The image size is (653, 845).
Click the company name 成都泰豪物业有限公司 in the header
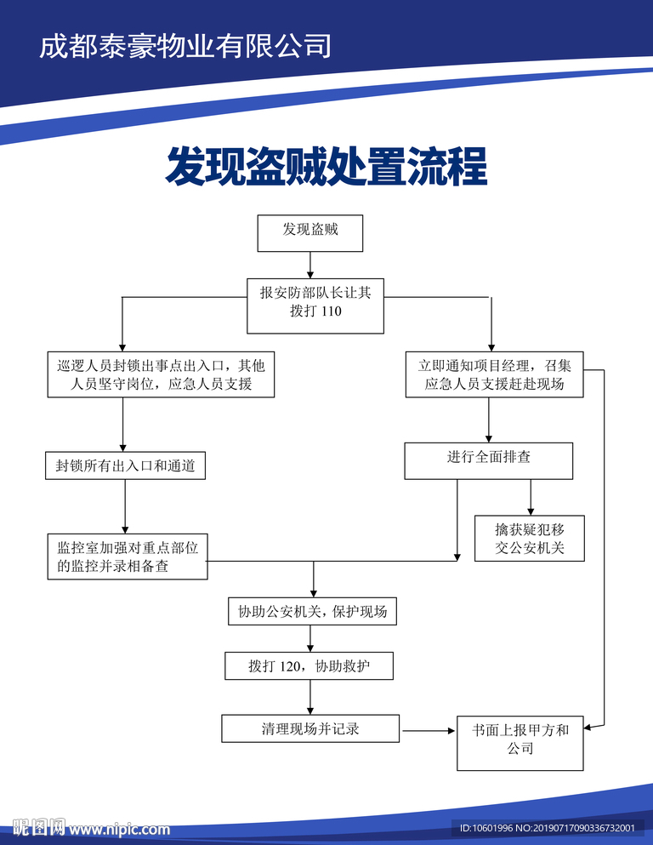pyautogui.click(x=185, y=45)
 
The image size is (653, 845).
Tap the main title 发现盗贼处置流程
pyautogui.click(x=326, y=166)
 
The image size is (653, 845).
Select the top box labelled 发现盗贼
pyautogui.click(x=309, y=232)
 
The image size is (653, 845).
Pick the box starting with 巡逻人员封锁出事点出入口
pyautogui.click(x=162, y=375)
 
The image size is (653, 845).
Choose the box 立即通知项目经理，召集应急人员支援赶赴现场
pyautogui.click(x=494, y=375)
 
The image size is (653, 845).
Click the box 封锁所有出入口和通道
pyautogui.click(x=125, y=466)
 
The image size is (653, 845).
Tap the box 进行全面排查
pyautogui.click(x=488, y=460)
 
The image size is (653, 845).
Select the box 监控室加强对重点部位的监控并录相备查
pyautogui.click(x=128, y=557)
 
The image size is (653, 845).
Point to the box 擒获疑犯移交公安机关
pyautogui.click(x=530, y=540)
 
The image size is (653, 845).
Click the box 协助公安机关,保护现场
pyautogui.click(x=312, y=612)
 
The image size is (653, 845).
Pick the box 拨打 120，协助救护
pyautogui.click(x=309, y=666)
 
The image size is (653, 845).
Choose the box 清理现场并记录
pyautogui.click(x=310, y=728)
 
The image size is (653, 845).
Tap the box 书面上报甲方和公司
pyautogui.click(x=520, y=742)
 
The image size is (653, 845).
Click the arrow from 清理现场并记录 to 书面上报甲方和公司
pyautogui.click(x=428, y=730)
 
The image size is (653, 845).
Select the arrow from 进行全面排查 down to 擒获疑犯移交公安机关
pyautogui.click(x=531, y=497)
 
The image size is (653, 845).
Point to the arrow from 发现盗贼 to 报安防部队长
pyautogui.click(x=309, y=265)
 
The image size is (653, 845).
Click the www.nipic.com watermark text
pyautogui.click(x=120, y=829)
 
